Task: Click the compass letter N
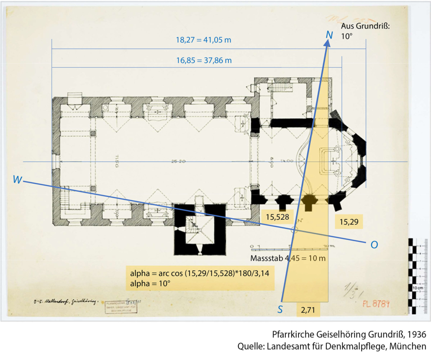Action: pyautogui.click(x=329, y=35)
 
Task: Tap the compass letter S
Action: pyautogui.click(x=280, y=309)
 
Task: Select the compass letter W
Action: pyautogui.click(x=18, y=179)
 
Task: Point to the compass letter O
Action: pyautogui.click(x=374, y=245)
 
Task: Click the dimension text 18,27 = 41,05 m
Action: pyautogui.click(x=204, y=41)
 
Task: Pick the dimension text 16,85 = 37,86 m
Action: pyautogui.click(x=204, y=60)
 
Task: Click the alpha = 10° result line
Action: pyautogui.click(x=150, y=283)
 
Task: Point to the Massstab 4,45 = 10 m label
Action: pyautogui.click(x=288, y=258)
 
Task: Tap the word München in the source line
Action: pyautogui.click(x=409, y=346)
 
